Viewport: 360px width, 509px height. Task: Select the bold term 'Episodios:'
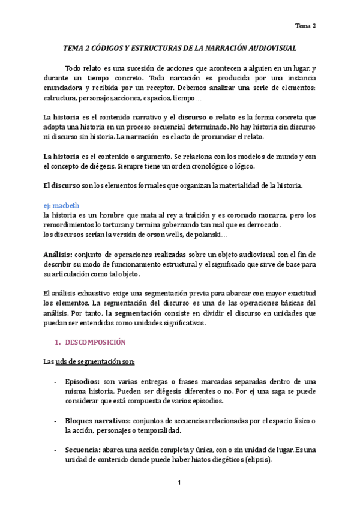[82, 381]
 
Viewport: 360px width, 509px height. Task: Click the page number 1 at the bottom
[179, 483]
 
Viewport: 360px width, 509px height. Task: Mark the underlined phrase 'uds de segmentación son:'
[96, 361]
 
